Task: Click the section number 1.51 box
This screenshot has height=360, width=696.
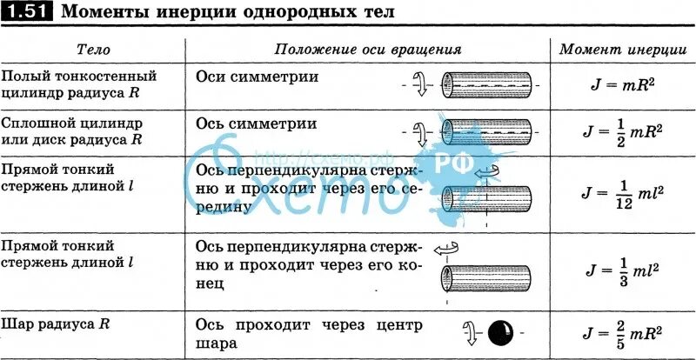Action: (x=29, y=12)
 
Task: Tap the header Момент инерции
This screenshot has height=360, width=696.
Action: (x=619, y=50)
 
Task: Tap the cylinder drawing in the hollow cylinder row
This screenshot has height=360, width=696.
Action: (x=487, y=85)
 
